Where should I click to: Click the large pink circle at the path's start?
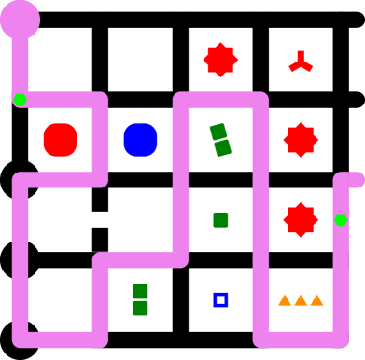click(x=20, y=19)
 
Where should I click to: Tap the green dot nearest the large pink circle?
click(x=20, y=100)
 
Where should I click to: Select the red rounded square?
click(x=60, y=140)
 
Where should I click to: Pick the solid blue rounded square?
click(x=140, y=140)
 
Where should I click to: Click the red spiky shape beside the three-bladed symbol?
click(x=220, y=60)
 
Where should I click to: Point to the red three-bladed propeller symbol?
click(x=300, y=62)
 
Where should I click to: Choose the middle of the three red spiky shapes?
click(x=301, y=140)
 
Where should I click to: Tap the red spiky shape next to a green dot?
click(x=301, y=220)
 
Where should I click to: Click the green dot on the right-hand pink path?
click(x=341, y=220)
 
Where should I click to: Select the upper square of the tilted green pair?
click(x=218, y=132)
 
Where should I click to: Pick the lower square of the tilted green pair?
click(x=222, y=147)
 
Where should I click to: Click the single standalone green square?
click(x=220, y=220)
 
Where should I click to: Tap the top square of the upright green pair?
click(x=140, y=291)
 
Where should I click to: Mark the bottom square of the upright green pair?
click(x=140, y=308)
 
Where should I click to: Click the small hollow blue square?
click(x=220, y=299)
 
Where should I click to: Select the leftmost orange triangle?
click(x=285, y=300)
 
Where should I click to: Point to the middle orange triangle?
click(x=301, y=300)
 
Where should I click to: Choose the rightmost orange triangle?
click(x=316, y=300)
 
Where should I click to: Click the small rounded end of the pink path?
click(x=357, y=180)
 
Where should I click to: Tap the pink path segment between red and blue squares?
click(x=100, y=140)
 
